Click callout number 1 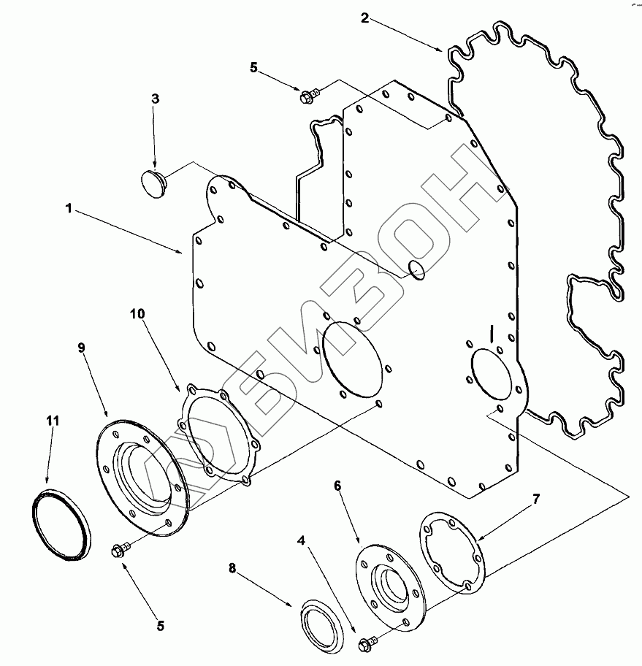[68, 208]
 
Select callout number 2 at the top [364, 18]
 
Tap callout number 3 [155, 98]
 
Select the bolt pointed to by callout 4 [367, 643]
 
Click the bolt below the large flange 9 [120, 549]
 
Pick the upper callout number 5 [253, 67]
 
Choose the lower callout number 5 [160, 625]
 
